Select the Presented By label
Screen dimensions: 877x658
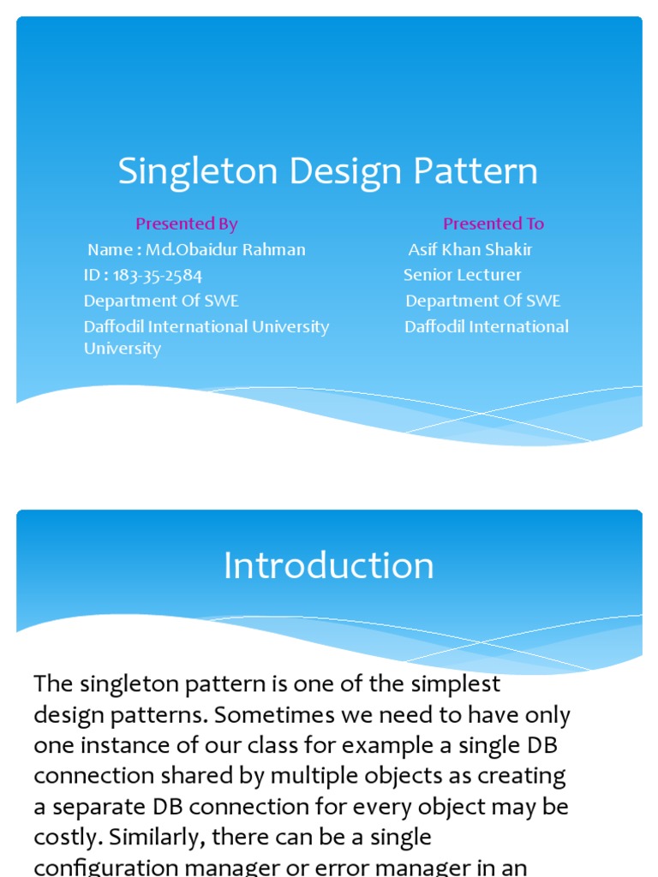pos(186,224)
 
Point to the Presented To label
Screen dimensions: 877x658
pos(493,224)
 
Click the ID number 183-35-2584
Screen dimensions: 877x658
pos(158,276)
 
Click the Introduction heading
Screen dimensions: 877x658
pos(329,566)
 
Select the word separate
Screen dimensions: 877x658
pos(93,808)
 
